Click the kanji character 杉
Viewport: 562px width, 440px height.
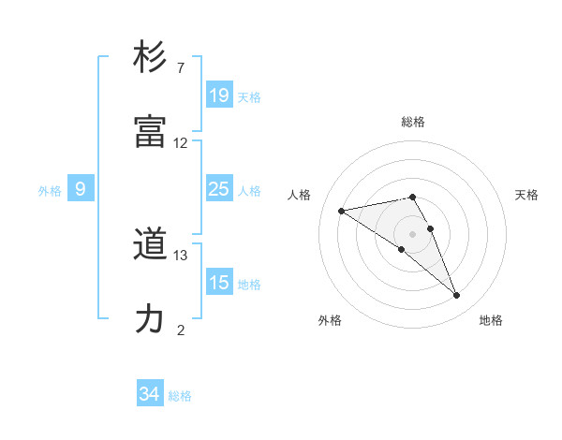151,57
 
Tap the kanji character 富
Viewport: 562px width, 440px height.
151,132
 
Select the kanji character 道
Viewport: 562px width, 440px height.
151,245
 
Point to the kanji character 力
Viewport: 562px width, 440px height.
151,319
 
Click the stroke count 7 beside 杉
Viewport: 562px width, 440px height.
181,68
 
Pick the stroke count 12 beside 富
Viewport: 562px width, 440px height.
181,143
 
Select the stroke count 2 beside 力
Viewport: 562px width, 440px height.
181,330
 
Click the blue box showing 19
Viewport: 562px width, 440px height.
219,95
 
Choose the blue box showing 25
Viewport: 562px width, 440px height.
219,189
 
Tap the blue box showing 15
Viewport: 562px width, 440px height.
219,283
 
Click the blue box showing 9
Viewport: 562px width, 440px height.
81,189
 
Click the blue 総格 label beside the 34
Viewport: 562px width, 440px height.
180,396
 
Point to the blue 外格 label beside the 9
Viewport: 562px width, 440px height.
50,190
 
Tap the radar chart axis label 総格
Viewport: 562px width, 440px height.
413,122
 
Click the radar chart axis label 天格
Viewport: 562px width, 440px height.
526,195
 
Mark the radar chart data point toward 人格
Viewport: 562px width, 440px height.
342,211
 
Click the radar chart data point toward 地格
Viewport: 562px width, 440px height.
456,296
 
